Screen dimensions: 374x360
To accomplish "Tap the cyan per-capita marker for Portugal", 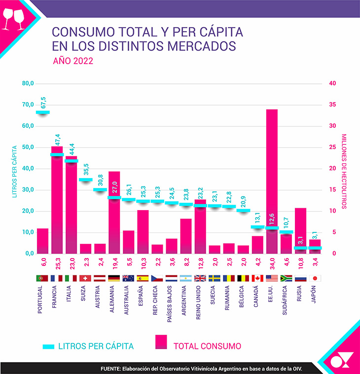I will [43, 112].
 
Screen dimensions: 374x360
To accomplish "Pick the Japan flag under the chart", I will [315, 278].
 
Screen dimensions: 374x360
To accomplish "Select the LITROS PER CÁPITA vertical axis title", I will [15, 171].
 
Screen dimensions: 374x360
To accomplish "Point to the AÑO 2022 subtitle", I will [72, 62].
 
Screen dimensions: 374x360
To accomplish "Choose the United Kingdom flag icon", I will [200, 278].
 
